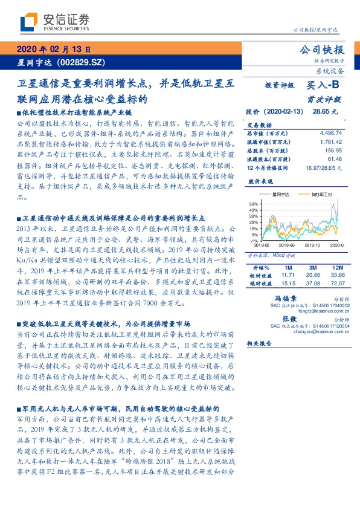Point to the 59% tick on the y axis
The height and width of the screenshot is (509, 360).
click(253, 204)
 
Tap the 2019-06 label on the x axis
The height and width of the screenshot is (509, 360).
click(289, 244)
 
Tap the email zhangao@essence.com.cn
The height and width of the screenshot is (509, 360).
click(312, 331)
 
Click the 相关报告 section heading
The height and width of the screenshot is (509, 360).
click(259, 343)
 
